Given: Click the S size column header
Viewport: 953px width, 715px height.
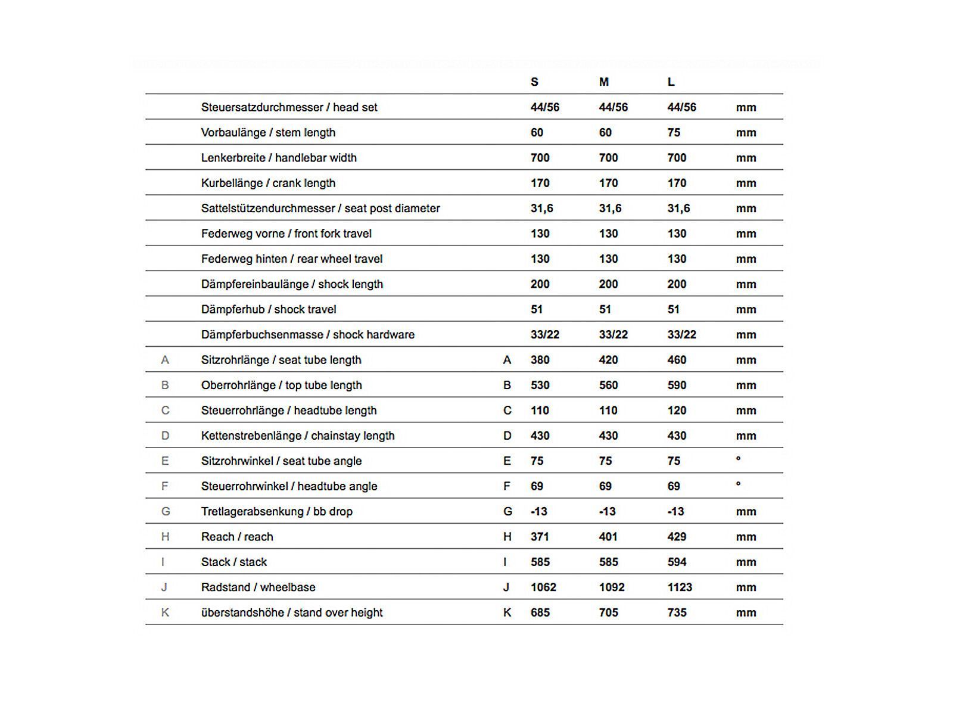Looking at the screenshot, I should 534,82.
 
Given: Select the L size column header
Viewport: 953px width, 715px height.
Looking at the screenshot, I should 671,82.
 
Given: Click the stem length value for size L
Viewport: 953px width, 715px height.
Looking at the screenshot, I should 674,132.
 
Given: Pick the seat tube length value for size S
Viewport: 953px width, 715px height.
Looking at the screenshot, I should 540,360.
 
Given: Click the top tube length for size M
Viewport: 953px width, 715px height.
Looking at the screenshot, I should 608,385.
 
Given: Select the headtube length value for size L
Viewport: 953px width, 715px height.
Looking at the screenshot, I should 677,411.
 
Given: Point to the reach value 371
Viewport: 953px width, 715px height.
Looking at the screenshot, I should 540,537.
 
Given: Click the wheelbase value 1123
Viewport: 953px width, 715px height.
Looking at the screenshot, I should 680,587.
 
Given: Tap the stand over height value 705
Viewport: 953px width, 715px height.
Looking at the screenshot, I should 608,613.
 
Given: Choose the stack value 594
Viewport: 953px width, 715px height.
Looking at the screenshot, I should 677,562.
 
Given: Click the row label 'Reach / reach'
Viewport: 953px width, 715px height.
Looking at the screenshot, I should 237,537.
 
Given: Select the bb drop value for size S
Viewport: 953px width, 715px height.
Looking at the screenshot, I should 539,511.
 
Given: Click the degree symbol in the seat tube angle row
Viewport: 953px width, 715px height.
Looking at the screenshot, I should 739,459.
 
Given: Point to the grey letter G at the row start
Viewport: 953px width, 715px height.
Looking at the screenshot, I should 166,511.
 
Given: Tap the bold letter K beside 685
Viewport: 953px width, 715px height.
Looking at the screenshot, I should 507,613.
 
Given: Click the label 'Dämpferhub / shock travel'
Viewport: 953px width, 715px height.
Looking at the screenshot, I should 269,309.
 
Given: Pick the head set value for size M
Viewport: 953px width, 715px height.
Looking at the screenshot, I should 613,107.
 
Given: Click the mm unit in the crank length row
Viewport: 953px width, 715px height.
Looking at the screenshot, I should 746,183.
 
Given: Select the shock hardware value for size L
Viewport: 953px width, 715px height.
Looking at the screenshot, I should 682,335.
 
